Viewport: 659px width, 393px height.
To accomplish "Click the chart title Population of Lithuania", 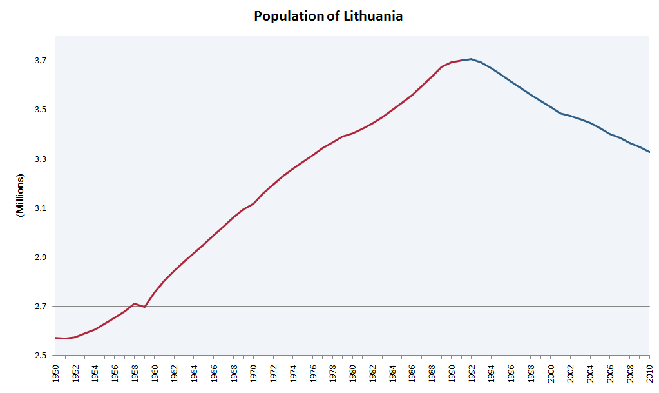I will coord(329,16).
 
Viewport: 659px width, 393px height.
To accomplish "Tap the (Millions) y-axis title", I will coord(20,195).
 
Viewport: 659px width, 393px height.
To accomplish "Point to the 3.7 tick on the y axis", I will coord(41,61).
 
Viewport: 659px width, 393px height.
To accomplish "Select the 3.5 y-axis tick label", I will coord(41,110).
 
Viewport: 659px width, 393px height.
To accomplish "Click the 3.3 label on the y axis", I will coord(41,159).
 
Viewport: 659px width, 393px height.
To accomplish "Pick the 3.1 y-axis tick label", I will coord(41,208).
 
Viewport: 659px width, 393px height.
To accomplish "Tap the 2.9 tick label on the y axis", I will coord(41,257).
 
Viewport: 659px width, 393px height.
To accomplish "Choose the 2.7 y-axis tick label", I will coord(41,307).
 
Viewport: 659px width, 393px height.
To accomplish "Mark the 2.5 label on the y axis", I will coord(41,356).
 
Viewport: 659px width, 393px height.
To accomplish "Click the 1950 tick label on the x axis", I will coord(56,374).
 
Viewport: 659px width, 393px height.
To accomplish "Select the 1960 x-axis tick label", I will coord(155,374).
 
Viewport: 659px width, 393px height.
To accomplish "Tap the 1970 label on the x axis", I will coord(254,374).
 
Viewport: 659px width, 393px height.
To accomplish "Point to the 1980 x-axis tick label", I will coord(353,374).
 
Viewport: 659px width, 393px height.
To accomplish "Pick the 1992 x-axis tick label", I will coord(472,374).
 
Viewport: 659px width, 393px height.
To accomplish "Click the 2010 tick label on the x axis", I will coord(650,374).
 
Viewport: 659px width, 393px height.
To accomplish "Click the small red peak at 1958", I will coord(134,303).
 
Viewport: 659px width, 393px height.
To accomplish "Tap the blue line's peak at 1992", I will coord(472,59).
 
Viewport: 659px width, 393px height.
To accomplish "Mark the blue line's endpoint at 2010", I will coord(649,152).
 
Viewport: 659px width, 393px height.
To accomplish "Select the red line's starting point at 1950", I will coord(56,338).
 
